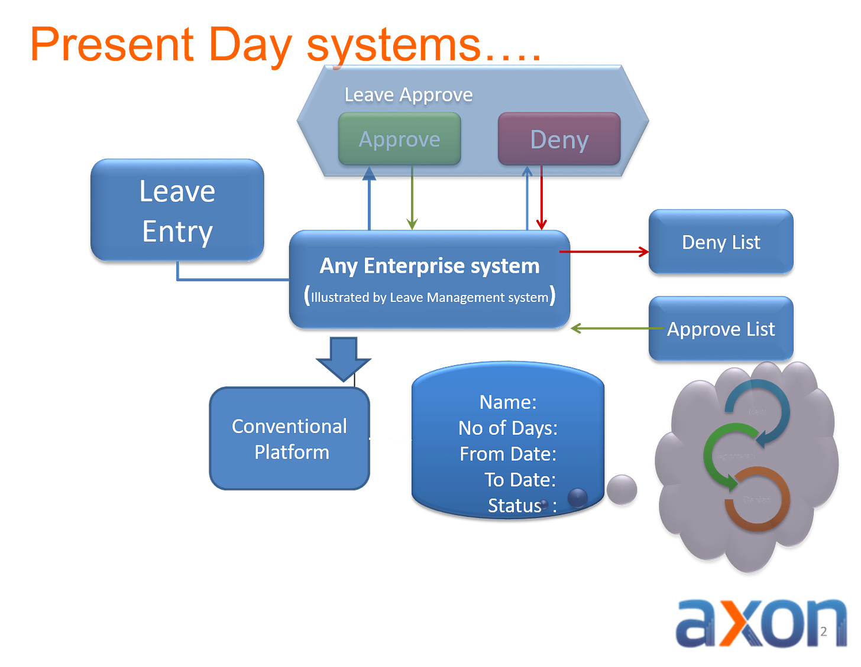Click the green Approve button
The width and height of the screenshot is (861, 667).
[x=399, y=139]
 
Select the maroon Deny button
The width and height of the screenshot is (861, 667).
[x=559, y=140]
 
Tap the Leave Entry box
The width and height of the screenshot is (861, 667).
[x=177, y=210]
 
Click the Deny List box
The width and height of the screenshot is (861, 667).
[x=721, y=242]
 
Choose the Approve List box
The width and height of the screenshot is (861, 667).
[x=721, y=329]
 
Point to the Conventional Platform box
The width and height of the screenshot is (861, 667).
[x=289, y=439]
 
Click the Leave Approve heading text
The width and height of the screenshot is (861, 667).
[x=409, y=95]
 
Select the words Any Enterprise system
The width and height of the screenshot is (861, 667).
[x=429, y=266]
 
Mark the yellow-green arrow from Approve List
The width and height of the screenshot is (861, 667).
[x=609, y=328]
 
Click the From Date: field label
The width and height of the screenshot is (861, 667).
[x=508, y=454]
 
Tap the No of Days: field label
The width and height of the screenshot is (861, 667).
[x=507, y=428]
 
